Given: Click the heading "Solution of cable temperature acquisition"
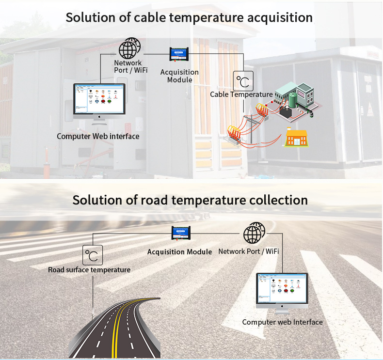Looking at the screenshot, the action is tap(189, 17).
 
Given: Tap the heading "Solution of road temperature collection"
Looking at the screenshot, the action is tap(190, 200).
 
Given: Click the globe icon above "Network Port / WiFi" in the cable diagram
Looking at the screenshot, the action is tap(129, 48).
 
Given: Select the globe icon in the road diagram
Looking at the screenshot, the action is tap(254, 233).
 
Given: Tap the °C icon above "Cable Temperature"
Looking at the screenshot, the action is tap(243, 81).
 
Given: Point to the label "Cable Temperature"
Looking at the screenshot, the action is tap(241, 94).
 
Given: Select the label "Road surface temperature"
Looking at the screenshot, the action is tap(89, 269).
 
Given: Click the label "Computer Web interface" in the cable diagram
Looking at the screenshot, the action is tap(98, 136).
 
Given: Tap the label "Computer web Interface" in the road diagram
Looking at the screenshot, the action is tap(282, 322).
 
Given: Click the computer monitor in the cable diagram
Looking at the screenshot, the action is tap(99, 102).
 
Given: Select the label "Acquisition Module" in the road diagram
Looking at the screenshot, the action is tap(179, 252).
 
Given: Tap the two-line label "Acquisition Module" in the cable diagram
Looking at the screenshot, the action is tap(179, 76).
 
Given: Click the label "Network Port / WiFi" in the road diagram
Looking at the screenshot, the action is tap(248, 251).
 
